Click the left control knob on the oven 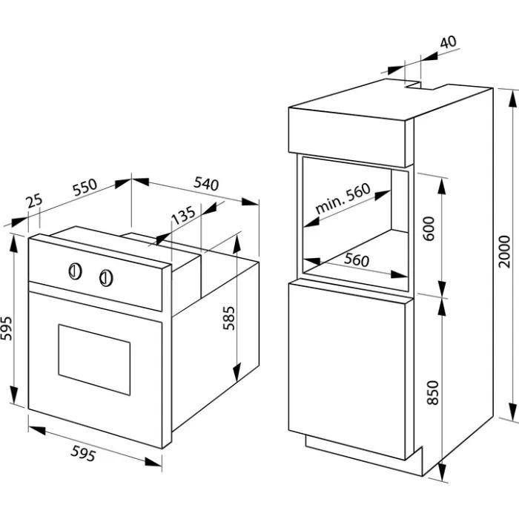coord(76,271)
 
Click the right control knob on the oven coord(106,278)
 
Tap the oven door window coord(94,360)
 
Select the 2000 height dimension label coord(505,251)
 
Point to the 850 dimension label coord(432,392)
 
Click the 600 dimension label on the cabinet coord(429,228)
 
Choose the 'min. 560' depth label coord(343,198)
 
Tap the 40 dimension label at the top coord(449,42)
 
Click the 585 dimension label coord(228,318)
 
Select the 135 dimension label coord(183,215)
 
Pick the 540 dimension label coord(206,184)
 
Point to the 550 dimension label coord(85,188)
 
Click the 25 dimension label coord(35,201)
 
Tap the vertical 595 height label coord(7,328)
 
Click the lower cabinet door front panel coord(347,371)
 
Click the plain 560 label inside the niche coord(356,259)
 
